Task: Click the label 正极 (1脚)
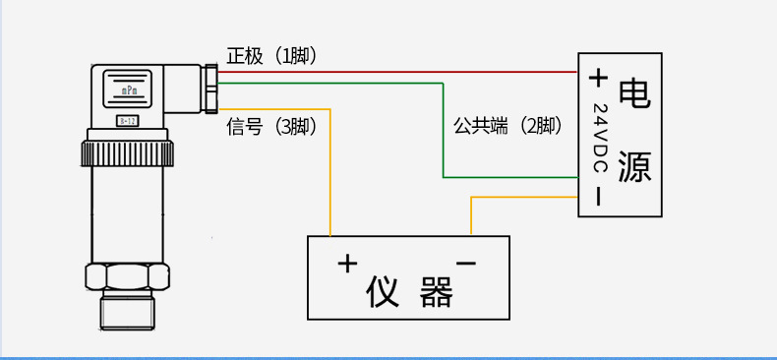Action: pyautogui.click(x=271, y=56)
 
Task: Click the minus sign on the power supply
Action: pyautogui.click(x=597, y=196)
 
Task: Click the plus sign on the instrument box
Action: pyautogui.click(x=346, y=263)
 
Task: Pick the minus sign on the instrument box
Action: pyautogui.click(x=467, y=263)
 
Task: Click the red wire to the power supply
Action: pyautogui.click(x=393, y=72)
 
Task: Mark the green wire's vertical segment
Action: pyautogui.click(x=444, y=138)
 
